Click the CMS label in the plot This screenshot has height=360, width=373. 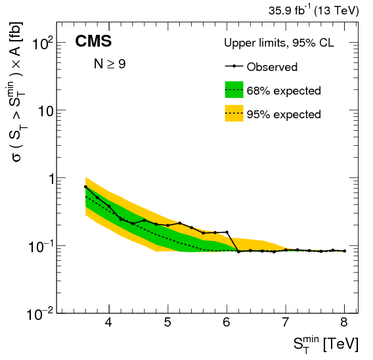(93, 42)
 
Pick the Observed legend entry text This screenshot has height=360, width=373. (272, 67)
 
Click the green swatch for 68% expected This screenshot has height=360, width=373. (234, 90)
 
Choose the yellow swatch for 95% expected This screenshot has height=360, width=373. (234, 114)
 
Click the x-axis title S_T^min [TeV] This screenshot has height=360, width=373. (317, 344)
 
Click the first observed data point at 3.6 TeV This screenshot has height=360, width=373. (85, 187)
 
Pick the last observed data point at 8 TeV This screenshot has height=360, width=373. (344, 250)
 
